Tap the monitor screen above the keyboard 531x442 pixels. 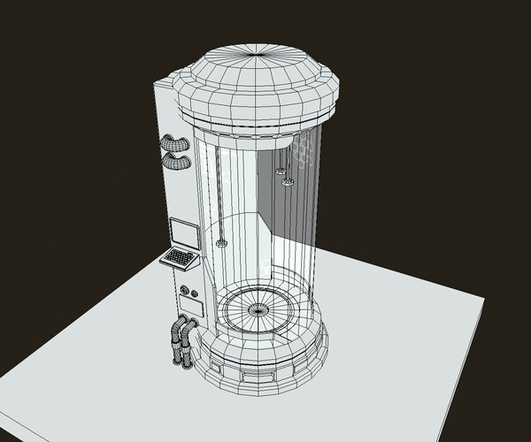(187, 233)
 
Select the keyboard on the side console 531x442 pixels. (180, 258)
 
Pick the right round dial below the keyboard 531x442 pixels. (195, 293)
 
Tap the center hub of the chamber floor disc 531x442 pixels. (258, 309)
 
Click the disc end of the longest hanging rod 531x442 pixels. (220, 242)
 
